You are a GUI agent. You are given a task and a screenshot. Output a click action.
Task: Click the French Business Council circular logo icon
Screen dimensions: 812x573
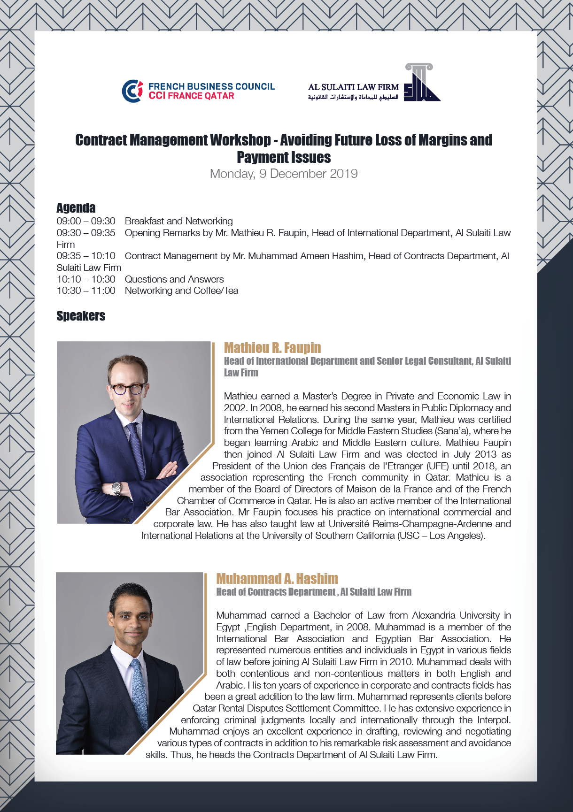click(x=132, y=91)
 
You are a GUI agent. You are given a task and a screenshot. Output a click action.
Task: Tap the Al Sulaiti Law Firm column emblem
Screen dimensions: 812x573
click(x=421, y=83)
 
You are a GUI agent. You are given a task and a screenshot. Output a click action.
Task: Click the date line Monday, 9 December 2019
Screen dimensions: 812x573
click(x=284, y=174)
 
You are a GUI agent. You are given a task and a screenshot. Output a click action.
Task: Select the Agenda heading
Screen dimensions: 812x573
click(x=76, y=208)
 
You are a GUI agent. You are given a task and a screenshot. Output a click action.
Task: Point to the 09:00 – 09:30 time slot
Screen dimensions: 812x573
click(x=86, y=221)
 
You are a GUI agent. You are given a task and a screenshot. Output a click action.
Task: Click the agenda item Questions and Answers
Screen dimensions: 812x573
click(x=174, y=279)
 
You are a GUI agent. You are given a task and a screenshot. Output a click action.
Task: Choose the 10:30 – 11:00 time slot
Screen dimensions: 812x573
click(x=86, y=291)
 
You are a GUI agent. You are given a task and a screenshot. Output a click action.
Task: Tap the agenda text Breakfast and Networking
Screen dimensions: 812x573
click(x=178, y=221)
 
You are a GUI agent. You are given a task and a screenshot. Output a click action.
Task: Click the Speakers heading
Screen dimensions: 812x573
click(x=81, y=316)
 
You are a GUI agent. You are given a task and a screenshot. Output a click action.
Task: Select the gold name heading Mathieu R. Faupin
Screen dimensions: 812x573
click(x=272, y=348)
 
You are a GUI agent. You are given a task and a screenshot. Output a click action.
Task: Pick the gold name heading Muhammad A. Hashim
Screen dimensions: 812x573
click(x=277, y=579)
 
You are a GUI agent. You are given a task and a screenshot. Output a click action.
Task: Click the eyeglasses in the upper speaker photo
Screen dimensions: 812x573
click(x=127, y=389)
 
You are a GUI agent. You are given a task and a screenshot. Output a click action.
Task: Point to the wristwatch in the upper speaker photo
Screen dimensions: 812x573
click(x=116, y=488)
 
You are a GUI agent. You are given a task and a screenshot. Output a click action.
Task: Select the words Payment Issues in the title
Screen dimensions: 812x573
click(x=284, y=157)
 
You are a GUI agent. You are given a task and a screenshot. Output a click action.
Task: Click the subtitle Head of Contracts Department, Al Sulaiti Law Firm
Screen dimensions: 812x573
click(x=314, y=592)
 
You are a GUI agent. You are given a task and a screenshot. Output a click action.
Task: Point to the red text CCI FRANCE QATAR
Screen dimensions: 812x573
click(x=191, y=96)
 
